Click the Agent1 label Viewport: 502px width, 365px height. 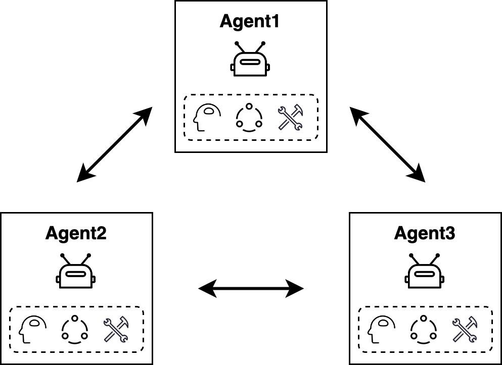[249, 22]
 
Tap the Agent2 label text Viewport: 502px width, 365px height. [76, 234]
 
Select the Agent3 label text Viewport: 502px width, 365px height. [425, 234]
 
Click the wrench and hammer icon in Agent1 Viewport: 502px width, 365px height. [290, 117]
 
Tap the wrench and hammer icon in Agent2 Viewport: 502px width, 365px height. [116, 330]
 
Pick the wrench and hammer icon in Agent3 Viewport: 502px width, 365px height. [465, 330]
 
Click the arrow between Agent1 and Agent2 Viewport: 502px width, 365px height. [114, 144]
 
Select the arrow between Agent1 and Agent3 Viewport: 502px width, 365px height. [387, 144]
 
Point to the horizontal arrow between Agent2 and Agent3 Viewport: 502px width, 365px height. [251, 289]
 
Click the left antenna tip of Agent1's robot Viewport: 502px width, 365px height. [237, 43]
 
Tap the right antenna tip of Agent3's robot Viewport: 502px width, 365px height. [438, 255]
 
